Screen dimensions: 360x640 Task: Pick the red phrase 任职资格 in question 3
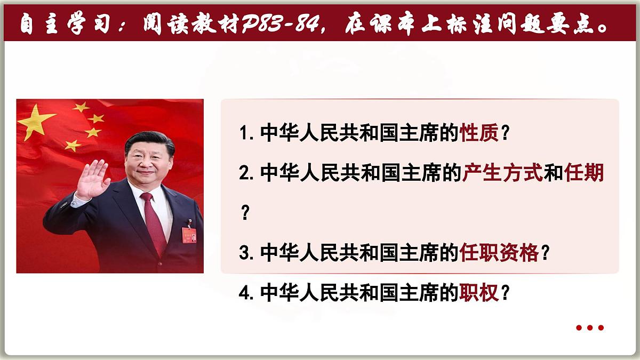tap(499, 253)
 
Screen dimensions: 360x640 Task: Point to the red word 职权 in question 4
tap(479, 292)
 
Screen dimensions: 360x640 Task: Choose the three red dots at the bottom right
tap(590, 328)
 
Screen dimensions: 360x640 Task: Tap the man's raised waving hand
tap(94, 179)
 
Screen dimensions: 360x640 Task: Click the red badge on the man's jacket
tap(189, 234)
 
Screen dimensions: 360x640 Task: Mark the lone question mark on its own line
tap(245, 213)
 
